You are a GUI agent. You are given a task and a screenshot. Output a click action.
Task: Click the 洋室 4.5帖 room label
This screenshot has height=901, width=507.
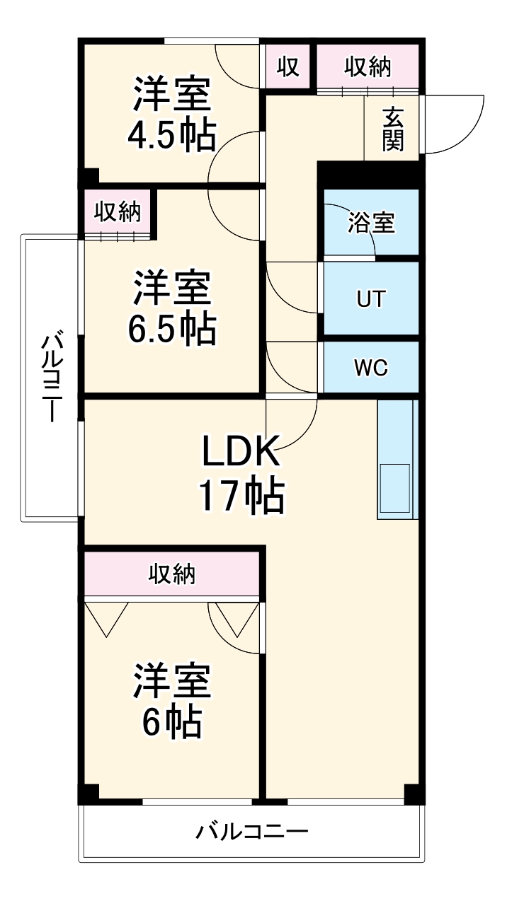click(x=171, y=115)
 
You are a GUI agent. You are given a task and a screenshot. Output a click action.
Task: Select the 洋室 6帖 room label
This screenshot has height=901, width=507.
click(x=171, y=699)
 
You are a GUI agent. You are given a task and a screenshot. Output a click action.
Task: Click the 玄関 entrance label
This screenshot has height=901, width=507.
click(x=393, y=129)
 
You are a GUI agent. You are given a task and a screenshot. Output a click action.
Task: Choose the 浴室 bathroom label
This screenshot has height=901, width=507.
click(x=371, y=223)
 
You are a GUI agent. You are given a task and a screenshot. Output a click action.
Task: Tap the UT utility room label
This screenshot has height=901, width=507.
click(x=371, y=298)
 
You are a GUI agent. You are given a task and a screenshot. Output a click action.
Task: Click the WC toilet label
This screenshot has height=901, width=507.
click(x=371, y=368)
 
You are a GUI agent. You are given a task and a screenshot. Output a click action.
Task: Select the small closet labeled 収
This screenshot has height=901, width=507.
click(x=287, y=67)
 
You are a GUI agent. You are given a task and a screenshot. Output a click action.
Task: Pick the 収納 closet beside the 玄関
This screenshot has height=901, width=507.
click(x=368, y=67)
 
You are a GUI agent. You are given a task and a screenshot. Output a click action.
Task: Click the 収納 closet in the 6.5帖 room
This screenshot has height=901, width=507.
click(x=118, y=211)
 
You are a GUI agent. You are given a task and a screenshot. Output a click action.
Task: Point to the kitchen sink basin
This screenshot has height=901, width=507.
click(x=395, y=487)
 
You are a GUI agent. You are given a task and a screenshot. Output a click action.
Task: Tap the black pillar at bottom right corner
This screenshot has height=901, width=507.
click(x=414, y=794)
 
